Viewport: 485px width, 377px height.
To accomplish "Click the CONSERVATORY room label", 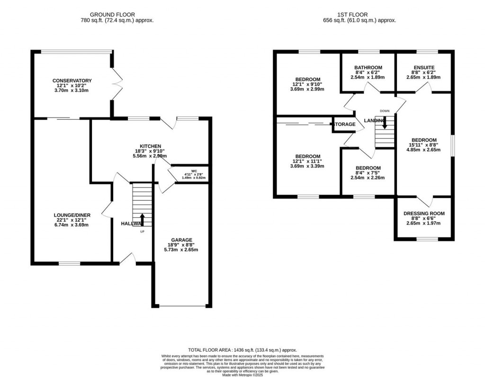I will click(x=72, y=81).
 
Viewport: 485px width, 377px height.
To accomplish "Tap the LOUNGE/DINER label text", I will click(x=72, y=215).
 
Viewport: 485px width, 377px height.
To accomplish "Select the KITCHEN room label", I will click(x=150, y=146).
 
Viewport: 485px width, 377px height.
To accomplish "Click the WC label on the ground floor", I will click(x=194, y=171).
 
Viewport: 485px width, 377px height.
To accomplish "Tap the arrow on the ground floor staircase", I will click(x=143, y=219).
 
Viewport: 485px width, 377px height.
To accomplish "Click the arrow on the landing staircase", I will click(x=385, y=122).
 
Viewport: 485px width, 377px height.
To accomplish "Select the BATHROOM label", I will click(x=368, y=68).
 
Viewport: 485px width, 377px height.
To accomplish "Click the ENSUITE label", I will click(x=423, y=68).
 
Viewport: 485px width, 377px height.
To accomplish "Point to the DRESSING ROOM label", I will click(x=424, y=214).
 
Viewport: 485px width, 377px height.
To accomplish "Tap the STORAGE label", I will click(x=345, y=125).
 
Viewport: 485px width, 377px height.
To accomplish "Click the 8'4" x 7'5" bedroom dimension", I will click(x=368, y=173).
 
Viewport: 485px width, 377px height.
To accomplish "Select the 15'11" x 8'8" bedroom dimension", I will click(x=423, y=145).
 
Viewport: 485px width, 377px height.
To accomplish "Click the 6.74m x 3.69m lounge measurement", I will click(x=72, y=225).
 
